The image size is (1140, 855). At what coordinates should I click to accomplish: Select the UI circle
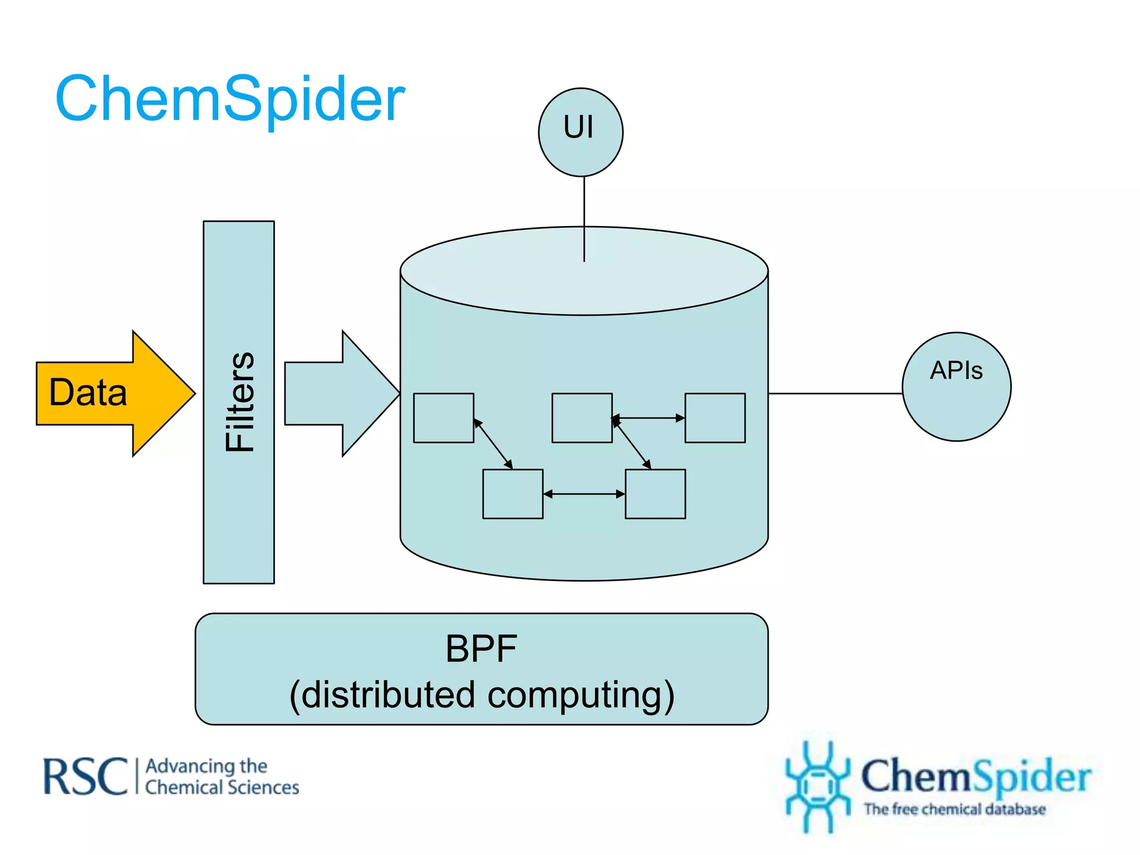[581, 132]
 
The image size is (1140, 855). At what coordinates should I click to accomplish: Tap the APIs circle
[956, 387]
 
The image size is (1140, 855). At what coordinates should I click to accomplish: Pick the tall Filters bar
[239, 402]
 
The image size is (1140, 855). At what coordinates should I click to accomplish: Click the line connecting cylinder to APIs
[835, 394]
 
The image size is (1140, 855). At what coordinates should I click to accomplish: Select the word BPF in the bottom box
[481, 648]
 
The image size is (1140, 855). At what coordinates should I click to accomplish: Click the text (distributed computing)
[482, 695]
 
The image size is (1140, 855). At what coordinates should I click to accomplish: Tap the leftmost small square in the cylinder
[444, 418]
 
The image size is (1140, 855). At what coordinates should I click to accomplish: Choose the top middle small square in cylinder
[582, 418]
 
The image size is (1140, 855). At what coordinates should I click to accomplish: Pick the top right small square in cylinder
[715, 418]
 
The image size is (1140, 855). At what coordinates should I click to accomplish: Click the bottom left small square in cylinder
[513, 494]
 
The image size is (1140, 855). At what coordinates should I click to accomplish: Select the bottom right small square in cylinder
[655, 494]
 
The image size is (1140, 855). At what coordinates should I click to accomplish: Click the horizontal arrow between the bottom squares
[584, 494]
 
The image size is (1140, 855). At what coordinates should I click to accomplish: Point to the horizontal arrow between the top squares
[648, 417]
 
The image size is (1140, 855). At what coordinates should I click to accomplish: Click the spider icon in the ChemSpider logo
[817, 785]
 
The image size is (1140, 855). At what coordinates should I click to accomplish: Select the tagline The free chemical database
[955, 809]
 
